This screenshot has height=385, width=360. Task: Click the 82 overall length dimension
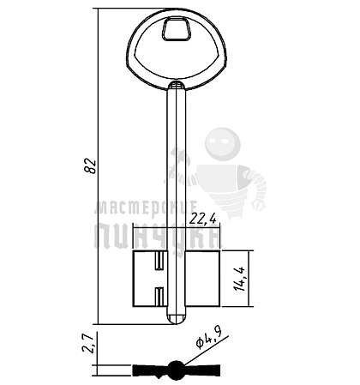point(90,165)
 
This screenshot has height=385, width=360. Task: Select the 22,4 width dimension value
point(203,220)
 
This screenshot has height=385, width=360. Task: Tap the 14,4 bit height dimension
point(240,279)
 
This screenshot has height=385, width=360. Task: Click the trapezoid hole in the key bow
point(177,28)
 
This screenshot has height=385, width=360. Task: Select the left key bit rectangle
point(150,279)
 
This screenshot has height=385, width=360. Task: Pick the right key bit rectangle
point(202,279)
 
